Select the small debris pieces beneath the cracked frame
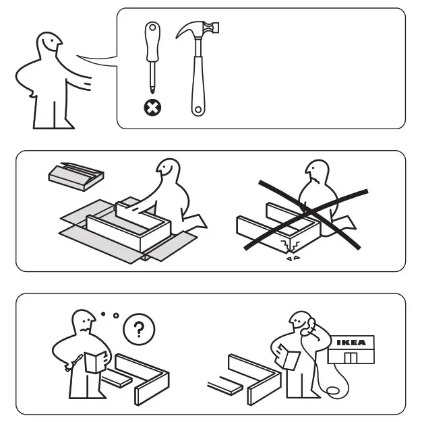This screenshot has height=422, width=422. coord(291,259)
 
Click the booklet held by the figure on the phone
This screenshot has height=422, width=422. coord(291,359)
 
